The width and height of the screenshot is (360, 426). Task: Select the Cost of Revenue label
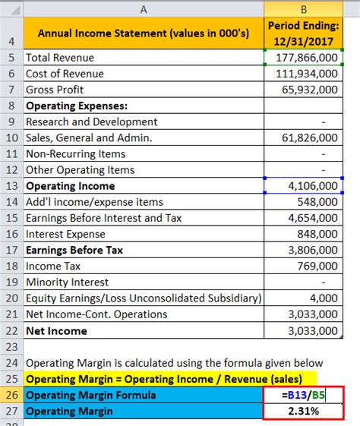coord(65,74)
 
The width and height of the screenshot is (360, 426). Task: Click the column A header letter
coord(144,9)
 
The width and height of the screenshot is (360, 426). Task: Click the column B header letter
coord(303,9)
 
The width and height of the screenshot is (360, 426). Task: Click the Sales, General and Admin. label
coord(89,137)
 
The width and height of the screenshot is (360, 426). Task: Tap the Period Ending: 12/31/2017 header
coord(303,33)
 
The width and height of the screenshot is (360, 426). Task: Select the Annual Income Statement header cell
coord(144,33)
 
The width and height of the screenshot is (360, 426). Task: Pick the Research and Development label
coord(92,121)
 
